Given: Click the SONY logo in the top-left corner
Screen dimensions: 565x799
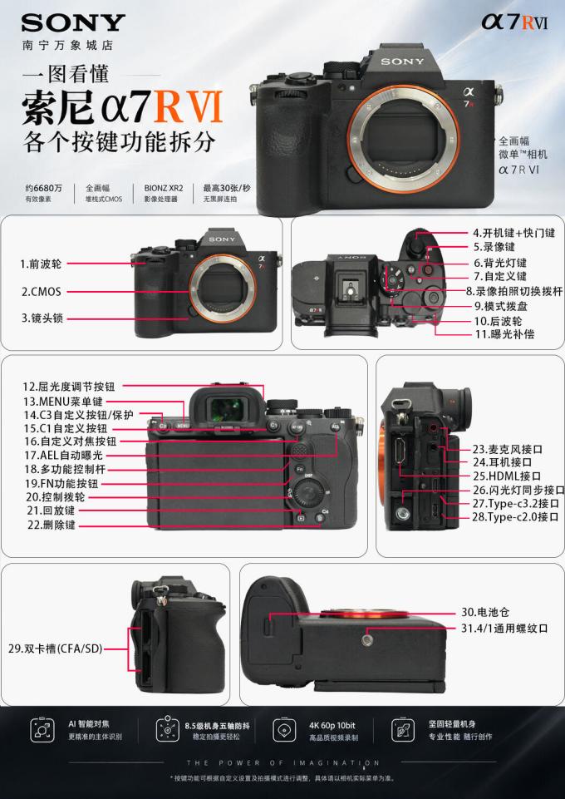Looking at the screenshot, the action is click(73, 23).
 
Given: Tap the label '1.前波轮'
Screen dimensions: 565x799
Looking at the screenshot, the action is click(41, 264).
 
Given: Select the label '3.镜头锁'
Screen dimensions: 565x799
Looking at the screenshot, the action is click(42, 318).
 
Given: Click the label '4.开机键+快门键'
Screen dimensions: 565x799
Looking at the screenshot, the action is click(514, 233).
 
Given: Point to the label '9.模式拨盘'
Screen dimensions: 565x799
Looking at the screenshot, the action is click(501, 306).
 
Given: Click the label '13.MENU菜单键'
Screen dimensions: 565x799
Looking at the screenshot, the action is click(63, 402).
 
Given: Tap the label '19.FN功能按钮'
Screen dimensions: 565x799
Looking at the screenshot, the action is click(61, 483).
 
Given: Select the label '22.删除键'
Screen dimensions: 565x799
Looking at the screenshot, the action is click(52, 525).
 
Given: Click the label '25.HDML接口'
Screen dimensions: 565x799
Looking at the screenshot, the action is click(507, 476).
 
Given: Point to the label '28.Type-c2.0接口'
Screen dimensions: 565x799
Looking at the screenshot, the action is click(515, 516).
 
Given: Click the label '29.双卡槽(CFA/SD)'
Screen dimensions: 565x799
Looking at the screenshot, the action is click(56, 649).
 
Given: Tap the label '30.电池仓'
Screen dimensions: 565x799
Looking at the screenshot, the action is click(485, 612).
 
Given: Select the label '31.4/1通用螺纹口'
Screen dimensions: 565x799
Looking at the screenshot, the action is click(504, 629).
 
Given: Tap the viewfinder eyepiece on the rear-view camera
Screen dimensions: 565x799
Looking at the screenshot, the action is click(227, 406).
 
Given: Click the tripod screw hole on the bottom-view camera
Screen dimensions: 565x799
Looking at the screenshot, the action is click(368, 639).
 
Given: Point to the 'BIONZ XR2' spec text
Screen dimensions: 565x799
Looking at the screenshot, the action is click(164, 188).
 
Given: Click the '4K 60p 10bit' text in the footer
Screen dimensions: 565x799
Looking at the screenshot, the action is click(332, 725).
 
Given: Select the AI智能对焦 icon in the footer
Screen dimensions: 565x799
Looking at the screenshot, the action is click(42, 730).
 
